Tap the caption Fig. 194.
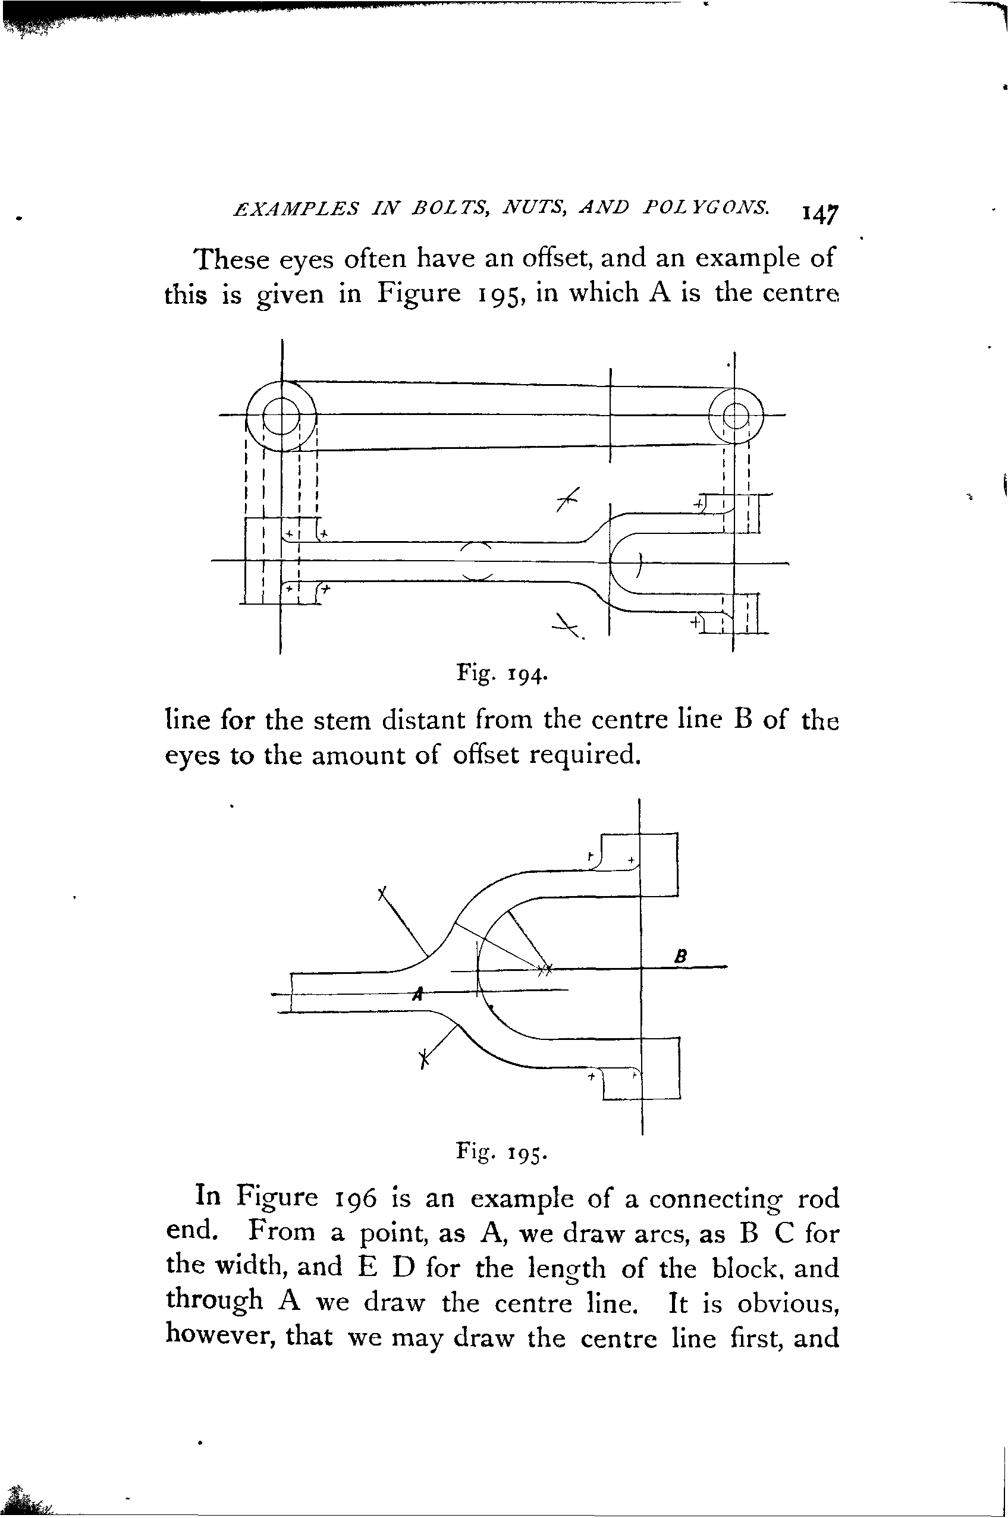click(x=501, y=674)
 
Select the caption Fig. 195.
click(x=501, y=1150)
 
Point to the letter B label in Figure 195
click(x=682, y=956)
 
